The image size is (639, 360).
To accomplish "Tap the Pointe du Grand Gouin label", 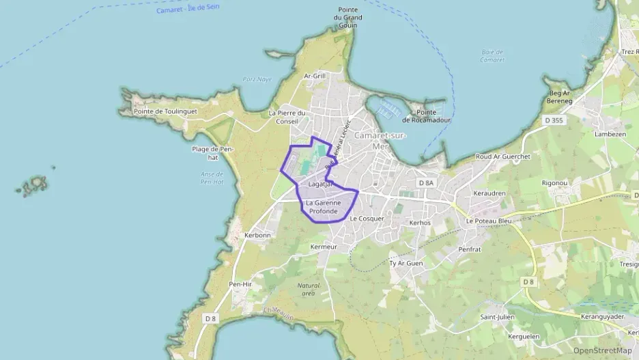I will tap(347, 18).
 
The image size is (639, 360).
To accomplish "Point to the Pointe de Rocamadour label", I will tap(427, 116).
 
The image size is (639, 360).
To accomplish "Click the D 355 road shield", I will tap(554, 120).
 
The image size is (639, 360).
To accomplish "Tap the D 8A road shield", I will tap(425, 183).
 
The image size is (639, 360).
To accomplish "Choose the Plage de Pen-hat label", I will tap(213, 153).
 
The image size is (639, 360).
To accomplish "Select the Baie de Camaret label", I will tap(492, 56).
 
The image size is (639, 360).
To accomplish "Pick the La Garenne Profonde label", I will tap(323, 207).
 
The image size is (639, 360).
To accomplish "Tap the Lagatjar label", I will tap(319, 184).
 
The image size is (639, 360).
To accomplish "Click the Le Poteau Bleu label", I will tap(488, 221).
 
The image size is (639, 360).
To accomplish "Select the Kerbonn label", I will tap(257, 235).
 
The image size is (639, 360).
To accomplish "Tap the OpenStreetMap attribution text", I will tap(602, 350).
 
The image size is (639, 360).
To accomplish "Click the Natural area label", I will tap(308, 289).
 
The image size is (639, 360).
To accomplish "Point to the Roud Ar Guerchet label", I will tap(502, 156).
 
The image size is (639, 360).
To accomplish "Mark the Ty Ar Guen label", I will tap(406, 263).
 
